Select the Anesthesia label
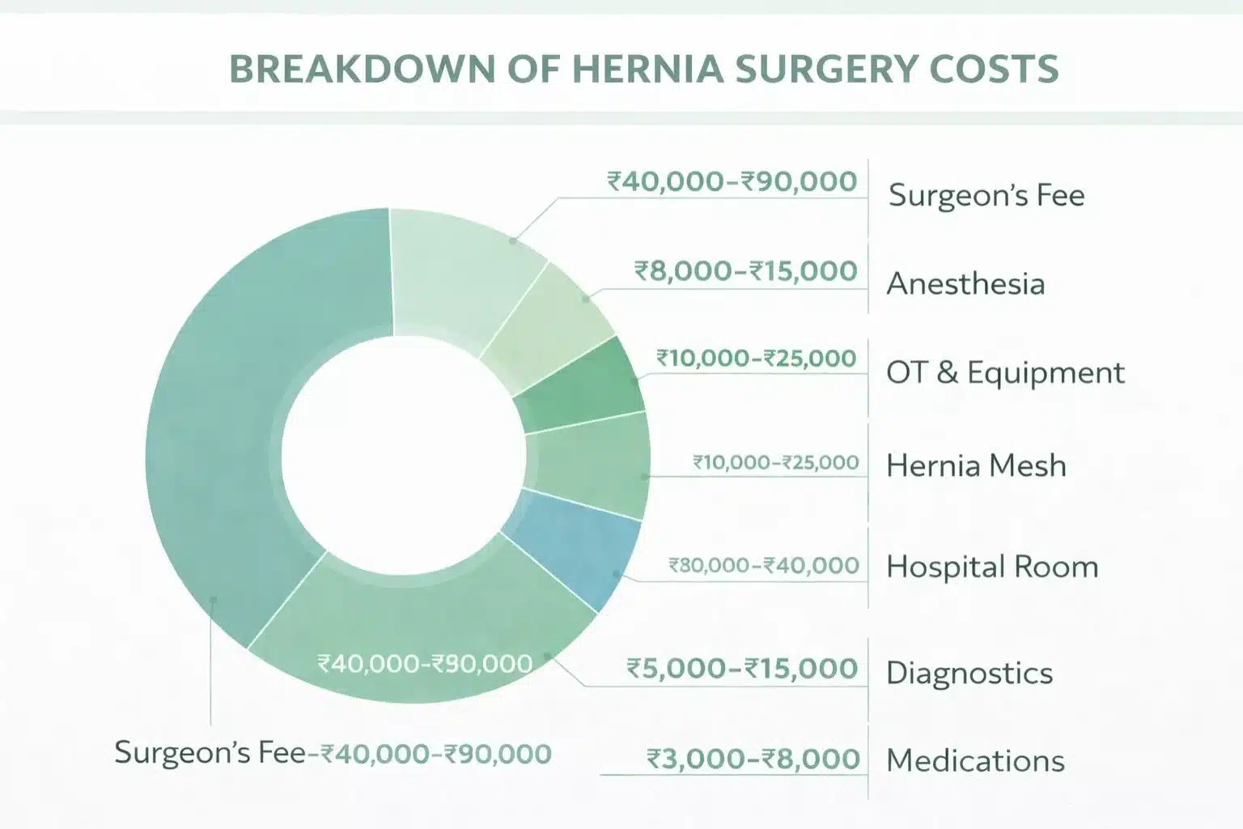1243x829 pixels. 965,284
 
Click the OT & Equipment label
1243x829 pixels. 1005,372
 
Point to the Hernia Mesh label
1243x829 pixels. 976,466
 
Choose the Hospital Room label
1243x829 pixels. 992,567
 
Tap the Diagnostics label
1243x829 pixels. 969,673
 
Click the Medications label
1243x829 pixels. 975,760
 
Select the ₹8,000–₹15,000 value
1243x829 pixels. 745,270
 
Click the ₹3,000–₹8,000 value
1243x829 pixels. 753,759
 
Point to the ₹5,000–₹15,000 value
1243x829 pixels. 742,669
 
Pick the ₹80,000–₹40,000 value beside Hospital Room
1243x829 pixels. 763,565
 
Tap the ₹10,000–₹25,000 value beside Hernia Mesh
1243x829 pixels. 775,462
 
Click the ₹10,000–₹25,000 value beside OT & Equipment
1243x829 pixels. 756,358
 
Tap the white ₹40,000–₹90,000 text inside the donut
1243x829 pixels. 425,664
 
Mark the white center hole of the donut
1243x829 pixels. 402,453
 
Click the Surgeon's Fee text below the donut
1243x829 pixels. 210,753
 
